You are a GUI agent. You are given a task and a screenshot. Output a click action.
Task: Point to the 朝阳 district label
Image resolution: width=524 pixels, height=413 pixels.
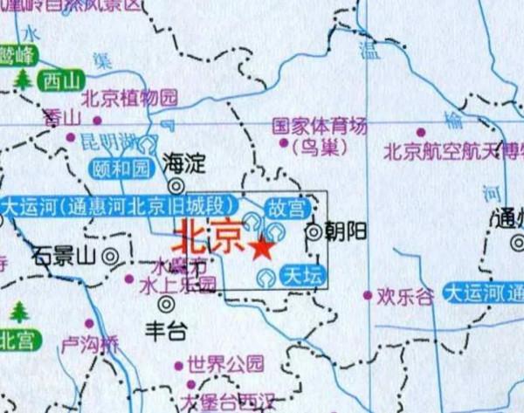345,231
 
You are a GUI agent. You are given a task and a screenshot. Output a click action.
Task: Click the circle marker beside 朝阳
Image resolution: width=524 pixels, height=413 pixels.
314,231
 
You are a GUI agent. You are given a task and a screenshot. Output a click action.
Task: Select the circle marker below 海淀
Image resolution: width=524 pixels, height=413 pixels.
177,185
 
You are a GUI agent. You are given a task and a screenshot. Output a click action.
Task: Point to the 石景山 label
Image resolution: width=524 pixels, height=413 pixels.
65,257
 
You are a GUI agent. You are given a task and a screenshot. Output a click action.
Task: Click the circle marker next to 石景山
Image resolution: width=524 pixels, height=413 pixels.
111,257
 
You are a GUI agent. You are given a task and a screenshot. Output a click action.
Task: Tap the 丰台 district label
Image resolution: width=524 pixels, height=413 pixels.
166,331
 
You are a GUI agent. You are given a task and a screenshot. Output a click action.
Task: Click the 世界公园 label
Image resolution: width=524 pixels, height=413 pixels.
225,362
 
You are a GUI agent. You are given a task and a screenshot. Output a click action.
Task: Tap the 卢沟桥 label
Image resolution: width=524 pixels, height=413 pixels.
89,344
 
